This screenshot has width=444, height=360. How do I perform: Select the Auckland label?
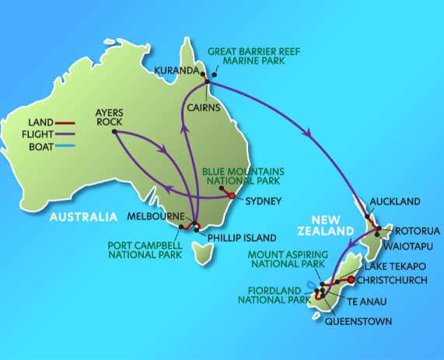396,201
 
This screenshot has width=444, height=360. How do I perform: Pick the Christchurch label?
396,280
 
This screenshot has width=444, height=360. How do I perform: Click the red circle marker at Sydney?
232,196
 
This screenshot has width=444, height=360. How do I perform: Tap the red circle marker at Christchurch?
351,280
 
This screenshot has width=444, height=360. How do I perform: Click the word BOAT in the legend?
44,146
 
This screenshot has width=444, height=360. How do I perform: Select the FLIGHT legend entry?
45,134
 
